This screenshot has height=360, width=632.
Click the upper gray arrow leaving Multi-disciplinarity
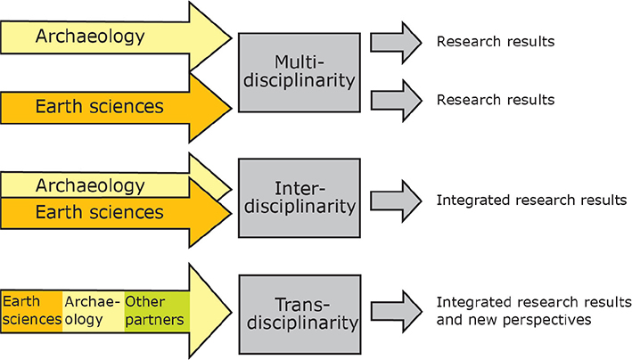click(395, 41)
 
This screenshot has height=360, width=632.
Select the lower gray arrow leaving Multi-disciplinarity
click(395, 99)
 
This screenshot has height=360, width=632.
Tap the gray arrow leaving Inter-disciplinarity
click(395, 200)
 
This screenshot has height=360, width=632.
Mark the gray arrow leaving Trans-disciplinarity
click(395, 309)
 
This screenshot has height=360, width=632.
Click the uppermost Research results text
click(495, 41)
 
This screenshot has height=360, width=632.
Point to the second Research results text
click(495, 99)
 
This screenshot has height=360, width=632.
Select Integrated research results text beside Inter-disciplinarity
click(531, 200)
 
